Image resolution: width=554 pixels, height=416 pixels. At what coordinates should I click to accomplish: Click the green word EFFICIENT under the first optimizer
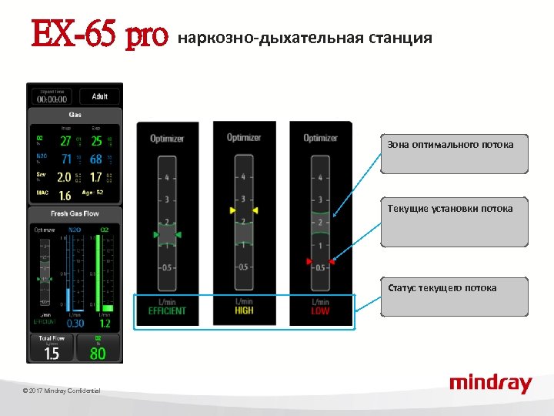(168, 311)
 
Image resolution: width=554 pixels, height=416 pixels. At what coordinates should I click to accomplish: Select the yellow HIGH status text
(244, 311)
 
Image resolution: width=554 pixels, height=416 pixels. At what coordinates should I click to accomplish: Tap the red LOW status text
(320, 311)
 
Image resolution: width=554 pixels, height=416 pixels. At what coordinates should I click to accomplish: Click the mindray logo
(490, 383)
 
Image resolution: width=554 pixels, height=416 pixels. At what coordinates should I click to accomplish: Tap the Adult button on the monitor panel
(100, 96)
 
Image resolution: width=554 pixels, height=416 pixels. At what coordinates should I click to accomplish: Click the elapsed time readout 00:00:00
(52, 99)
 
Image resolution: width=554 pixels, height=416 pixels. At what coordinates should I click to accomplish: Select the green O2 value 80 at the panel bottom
(98, 353)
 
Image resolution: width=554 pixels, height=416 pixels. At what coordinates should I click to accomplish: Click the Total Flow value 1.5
(52, 353)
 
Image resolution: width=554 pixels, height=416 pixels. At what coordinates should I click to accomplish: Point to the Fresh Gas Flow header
(75, 213)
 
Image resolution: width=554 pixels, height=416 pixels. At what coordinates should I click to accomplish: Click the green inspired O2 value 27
(65, 141)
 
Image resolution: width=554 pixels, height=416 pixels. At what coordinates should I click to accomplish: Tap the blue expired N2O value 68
(96, 159)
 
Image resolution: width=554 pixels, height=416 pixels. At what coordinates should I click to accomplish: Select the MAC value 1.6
(65, 196)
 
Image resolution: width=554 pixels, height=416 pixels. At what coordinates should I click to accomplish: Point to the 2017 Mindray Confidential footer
(62, 391)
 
